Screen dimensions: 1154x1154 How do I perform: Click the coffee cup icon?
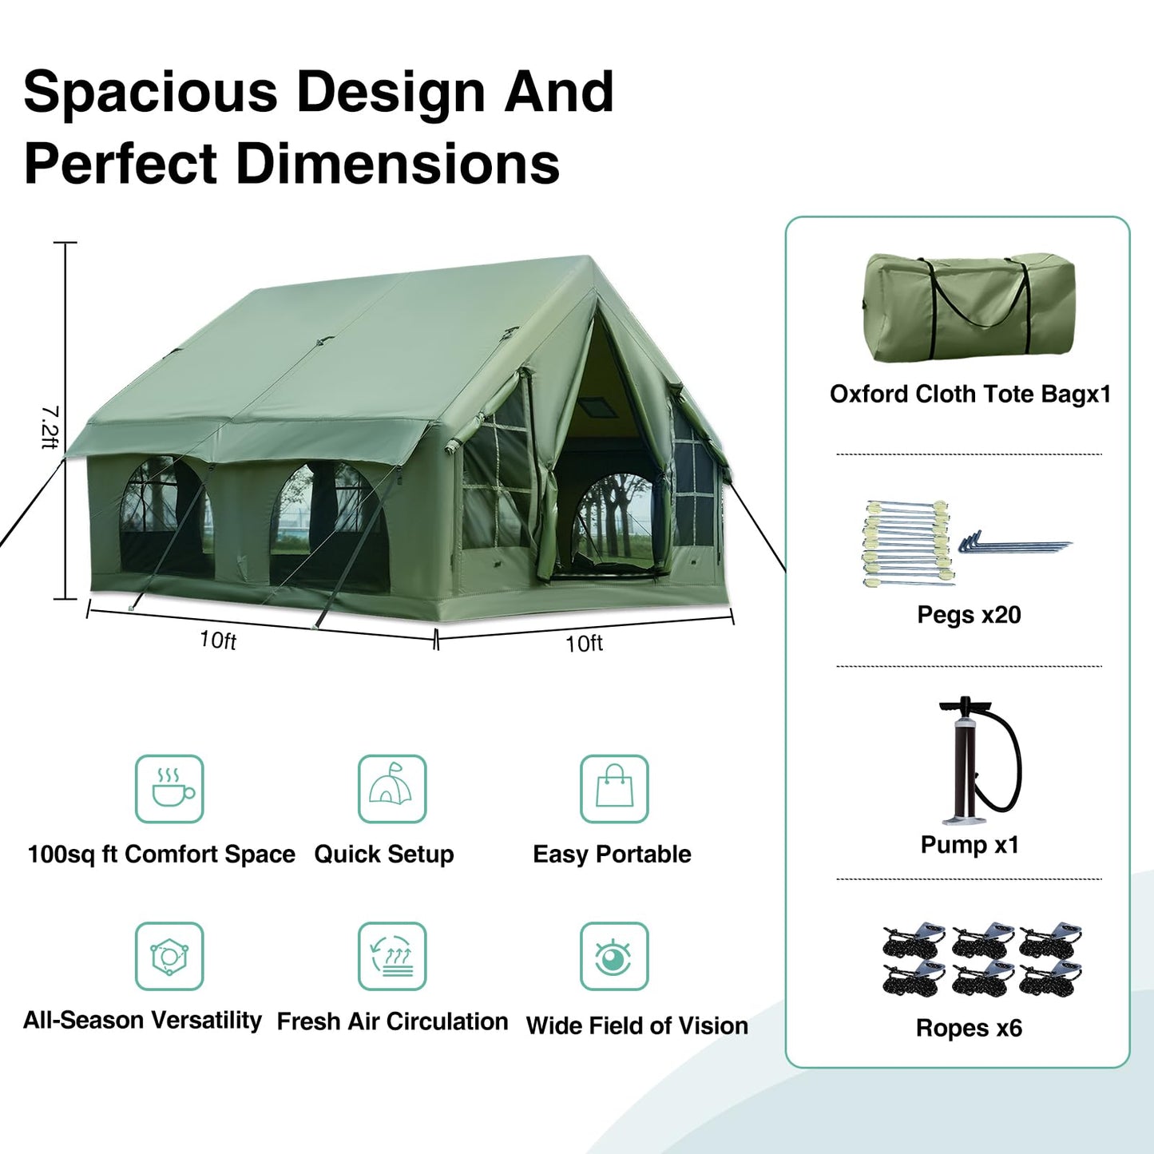(169, 789)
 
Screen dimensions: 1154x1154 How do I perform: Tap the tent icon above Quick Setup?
(391, 789)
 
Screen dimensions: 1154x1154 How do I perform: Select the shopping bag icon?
(614, 789)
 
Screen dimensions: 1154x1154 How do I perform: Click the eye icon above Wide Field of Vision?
(614, 956)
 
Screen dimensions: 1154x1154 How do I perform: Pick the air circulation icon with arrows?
(391, 956)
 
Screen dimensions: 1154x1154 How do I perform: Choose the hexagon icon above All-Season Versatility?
(169, 956)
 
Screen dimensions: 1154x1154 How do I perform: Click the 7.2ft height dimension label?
(50, 427)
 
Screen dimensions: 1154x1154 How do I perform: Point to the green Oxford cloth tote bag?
(968, 307)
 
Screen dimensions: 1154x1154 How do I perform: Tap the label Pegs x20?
(969, 614)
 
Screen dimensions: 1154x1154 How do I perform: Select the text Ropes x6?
(969, 1028)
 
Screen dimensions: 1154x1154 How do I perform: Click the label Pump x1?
(970, 844)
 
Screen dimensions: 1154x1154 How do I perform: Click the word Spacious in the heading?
(150, 92)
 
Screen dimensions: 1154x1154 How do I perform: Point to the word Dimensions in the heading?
(397, 164)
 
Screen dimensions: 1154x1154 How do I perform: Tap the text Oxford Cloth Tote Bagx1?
(970, 394)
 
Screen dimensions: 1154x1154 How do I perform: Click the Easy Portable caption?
(612, 854)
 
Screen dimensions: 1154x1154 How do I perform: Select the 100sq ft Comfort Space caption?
(161, 854)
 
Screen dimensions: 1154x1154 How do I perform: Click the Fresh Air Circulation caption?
(392, 1021)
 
